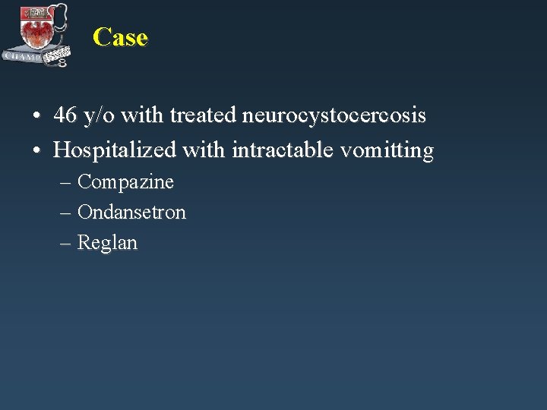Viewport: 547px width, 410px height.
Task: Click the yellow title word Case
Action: [x=120, y=37]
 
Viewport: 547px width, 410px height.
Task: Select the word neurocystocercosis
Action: [x=334, y=116]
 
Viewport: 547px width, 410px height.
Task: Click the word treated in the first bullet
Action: [x=203, y=116]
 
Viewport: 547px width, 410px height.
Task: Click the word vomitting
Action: [x=387, y=150]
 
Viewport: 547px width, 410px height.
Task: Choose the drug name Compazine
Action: [x=125, y=182]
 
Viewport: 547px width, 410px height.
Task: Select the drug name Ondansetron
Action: [x=131, y=213]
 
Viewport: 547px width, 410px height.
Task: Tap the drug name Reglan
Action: [x=107, y=243]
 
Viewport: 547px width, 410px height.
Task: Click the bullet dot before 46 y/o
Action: [x=36, y=117]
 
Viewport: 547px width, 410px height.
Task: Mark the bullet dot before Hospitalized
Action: [x=36, y=151]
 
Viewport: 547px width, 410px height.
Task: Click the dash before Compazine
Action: [x=65, y=183]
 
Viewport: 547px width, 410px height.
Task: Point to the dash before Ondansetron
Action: [x=65, y=213]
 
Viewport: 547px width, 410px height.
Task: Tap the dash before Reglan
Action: [x=65, y=244]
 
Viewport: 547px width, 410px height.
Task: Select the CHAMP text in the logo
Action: [x=22, y=55]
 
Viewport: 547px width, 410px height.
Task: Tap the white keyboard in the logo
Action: [x=56, y=55]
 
